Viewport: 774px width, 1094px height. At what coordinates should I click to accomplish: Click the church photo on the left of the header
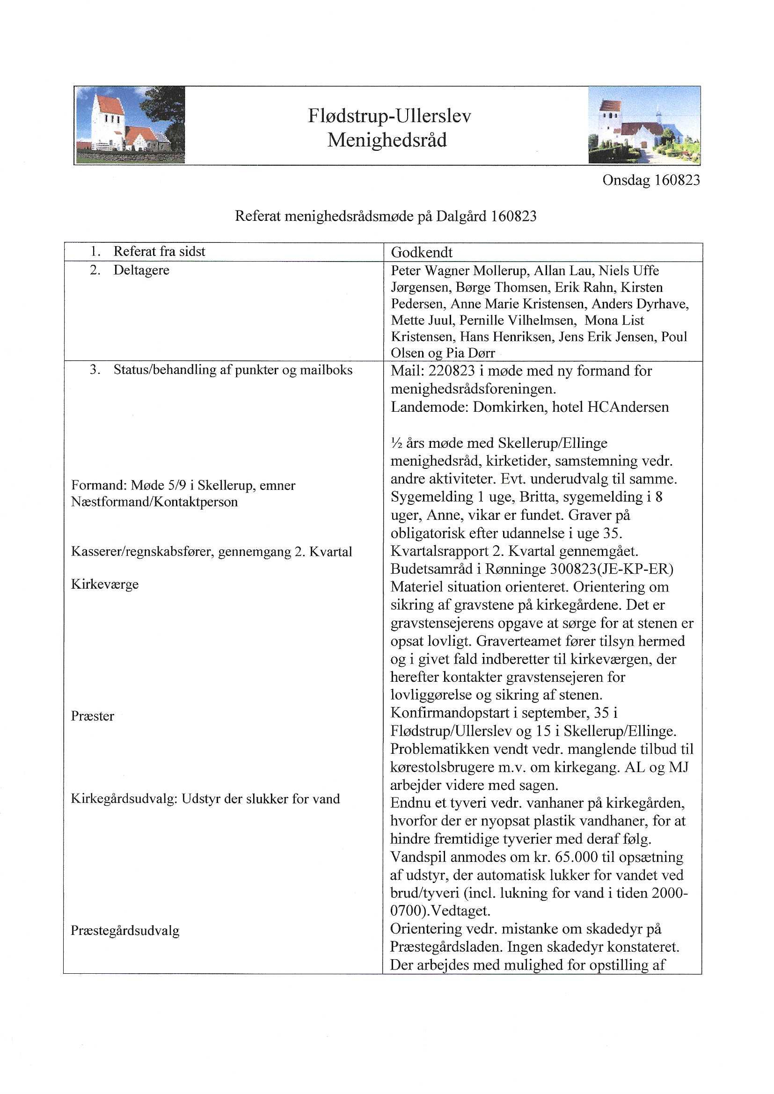pos(130,125)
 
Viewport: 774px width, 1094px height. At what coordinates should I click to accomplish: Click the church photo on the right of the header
pos(644,125)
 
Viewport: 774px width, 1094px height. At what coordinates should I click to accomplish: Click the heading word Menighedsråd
pos(387,140)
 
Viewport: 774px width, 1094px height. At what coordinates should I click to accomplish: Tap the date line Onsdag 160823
pos(651,180)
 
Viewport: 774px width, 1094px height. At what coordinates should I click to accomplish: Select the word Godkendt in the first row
pos(422,253)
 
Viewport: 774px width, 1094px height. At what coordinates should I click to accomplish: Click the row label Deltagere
pos(141,270)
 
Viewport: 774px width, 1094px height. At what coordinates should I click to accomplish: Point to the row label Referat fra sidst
pos(159,252)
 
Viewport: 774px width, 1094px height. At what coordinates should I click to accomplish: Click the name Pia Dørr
pos(469,353)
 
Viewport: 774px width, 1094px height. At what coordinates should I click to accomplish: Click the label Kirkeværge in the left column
pos(105,584)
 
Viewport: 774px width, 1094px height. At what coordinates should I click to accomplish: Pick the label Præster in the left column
pos(93,716)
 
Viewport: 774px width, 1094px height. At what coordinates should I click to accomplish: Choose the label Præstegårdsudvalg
pos(125,931)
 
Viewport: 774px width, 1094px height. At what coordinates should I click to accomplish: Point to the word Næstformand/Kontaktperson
pos(154,502)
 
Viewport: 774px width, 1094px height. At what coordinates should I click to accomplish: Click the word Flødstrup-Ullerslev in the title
pos(389,116)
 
